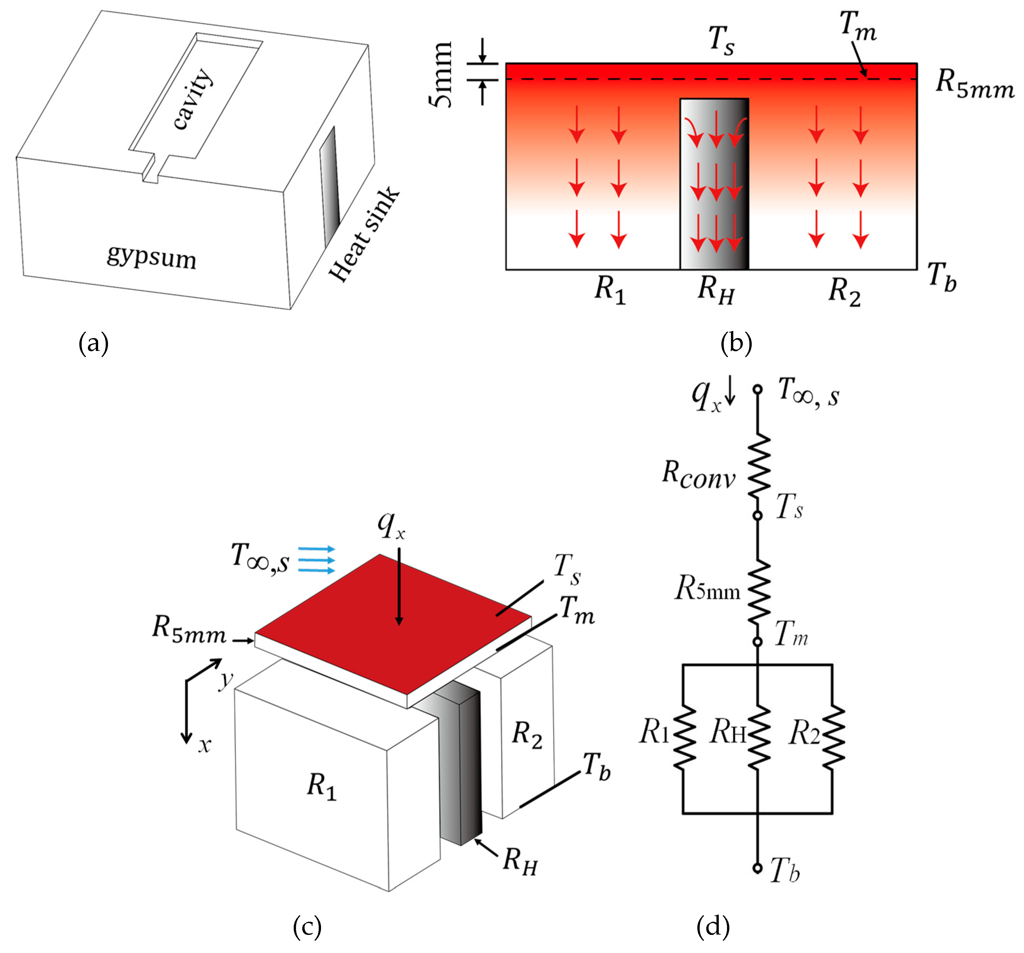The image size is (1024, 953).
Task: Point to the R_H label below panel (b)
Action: (x=715, y=290)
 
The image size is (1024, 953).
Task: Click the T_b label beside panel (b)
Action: (x=942, y=277)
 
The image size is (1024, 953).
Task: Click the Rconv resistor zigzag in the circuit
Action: (x=759, y=466)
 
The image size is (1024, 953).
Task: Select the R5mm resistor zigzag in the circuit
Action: (x=759, y=593)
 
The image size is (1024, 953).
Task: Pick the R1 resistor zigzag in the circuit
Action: (x=684, y=738)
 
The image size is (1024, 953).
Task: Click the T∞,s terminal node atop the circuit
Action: (x=758, y=390)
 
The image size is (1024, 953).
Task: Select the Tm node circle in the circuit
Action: (x=758, y=642)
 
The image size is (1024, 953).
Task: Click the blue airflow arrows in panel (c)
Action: (x=316, y=560)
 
